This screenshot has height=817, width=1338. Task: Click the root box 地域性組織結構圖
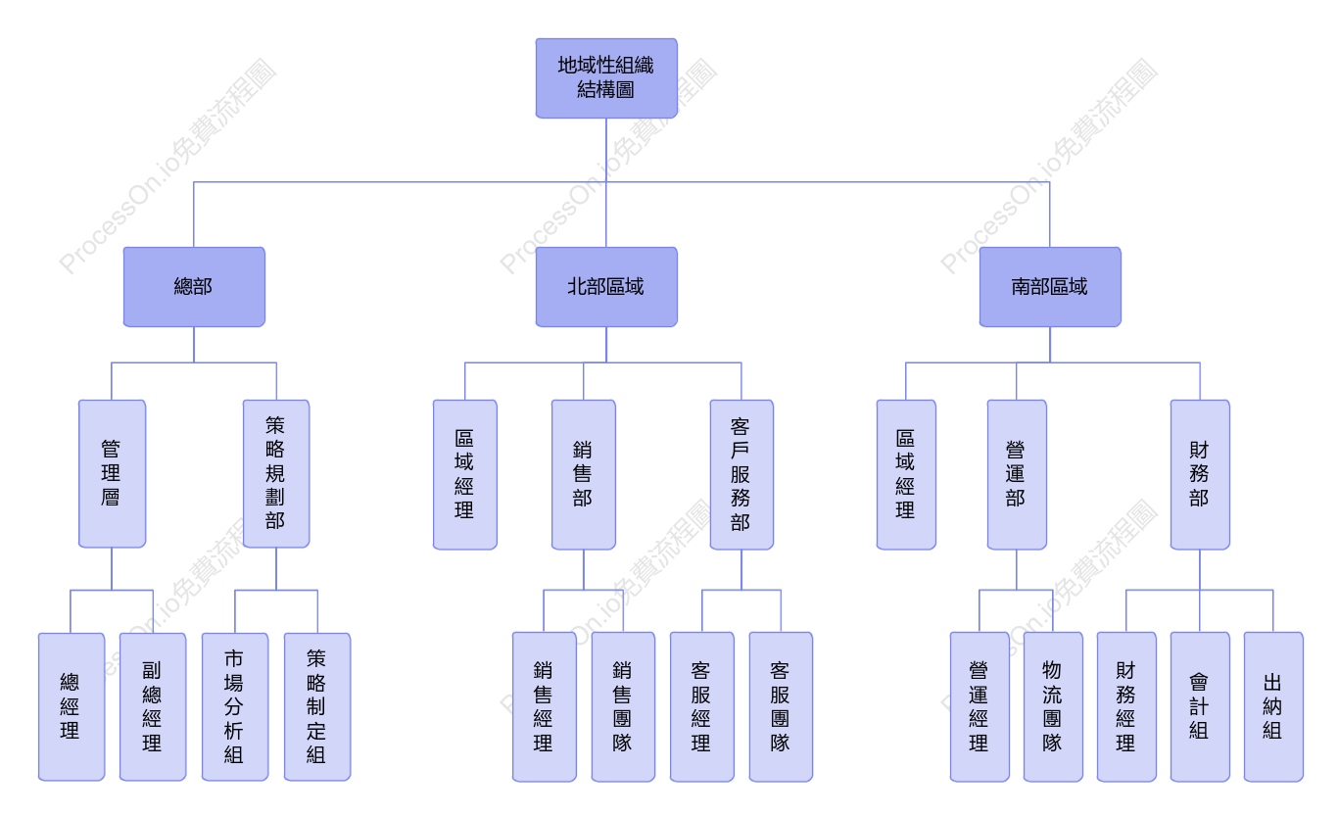[x=606, y=78]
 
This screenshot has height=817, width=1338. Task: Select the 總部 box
[x=194, y=287]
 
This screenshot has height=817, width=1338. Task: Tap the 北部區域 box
[x=606, y=287]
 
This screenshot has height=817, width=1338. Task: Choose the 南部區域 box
[x=1050, y=287]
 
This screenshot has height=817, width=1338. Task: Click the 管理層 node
[x=112, y=473]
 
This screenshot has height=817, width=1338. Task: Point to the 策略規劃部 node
[x=276, y=473]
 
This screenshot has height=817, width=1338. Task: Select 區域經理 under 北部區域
[x=464, y=475]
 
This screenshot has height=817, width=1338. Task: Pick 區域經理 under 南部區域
[x=906, y=475]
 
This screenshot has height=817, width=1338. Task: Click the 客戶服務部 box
[x=741, y=475]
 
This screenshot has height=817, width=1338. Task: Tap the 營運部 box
[x=1017, y=475]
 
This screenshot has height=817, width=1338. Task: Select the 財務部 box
[x=1200, y=475]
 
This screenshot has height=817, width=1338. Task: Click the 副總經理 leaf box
[x=153, y=707]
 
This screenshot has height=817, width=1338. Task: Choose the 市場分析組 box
[x=235, y=707]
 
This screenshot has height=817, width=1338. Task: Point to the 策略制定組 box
[x=317, y=707]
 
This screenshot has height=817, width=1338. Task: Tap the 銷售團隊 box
[x=623, y=707]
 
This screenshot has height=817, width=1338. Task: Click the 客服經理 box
[x=702, y=707]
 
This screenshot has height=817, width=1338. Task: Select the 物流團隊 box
[x=1053, y=707]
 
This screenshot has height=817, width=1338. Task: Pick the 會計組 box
[x=1200, y=707]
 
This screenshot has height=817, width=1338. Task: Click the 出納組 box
[x=1273, y=707]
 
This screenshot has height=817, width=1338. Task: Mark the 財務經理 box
[x=1126, y=707]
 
